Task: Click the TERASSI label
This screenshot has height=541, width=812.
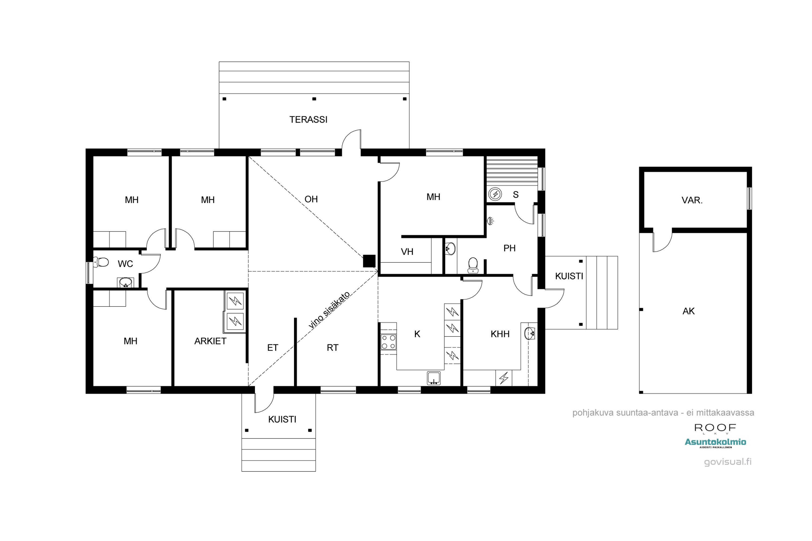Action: pos(308,120)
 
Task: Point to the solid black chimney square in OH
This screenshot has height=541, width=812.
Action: pos(369,261)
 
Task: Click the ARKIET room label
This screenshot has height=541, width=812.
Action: pos(210,341)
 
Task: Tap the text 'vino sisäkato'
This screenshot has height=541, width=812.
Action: pos(329,309)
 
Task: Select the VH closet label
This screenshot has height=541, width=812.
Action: pos(407,252)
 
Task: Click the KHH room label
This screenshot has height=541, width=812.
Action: pos(500,334)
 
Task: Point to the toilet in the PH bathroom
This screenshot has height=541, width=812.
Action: pos(473,265)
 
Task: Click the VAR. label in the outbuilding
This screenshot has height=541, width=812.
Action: pos(692,200)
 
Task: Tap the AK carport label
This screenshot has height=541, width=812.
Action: pos(688,311)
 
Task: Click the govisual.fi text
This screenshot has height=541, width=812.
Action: pos(728,462)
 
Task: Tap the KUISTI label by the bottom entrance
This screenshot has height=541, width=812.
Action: pos(282,419)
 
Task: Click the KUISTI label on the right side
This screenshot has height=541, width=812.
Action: pos(569,276)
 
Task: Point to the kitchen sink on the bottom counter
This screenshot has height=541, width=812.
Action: pos(434,378)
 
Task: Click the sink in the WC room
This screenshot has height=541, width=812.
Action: pos(125,283)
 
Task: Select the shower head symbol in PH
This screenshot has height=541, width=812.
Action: pos(490,220)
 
